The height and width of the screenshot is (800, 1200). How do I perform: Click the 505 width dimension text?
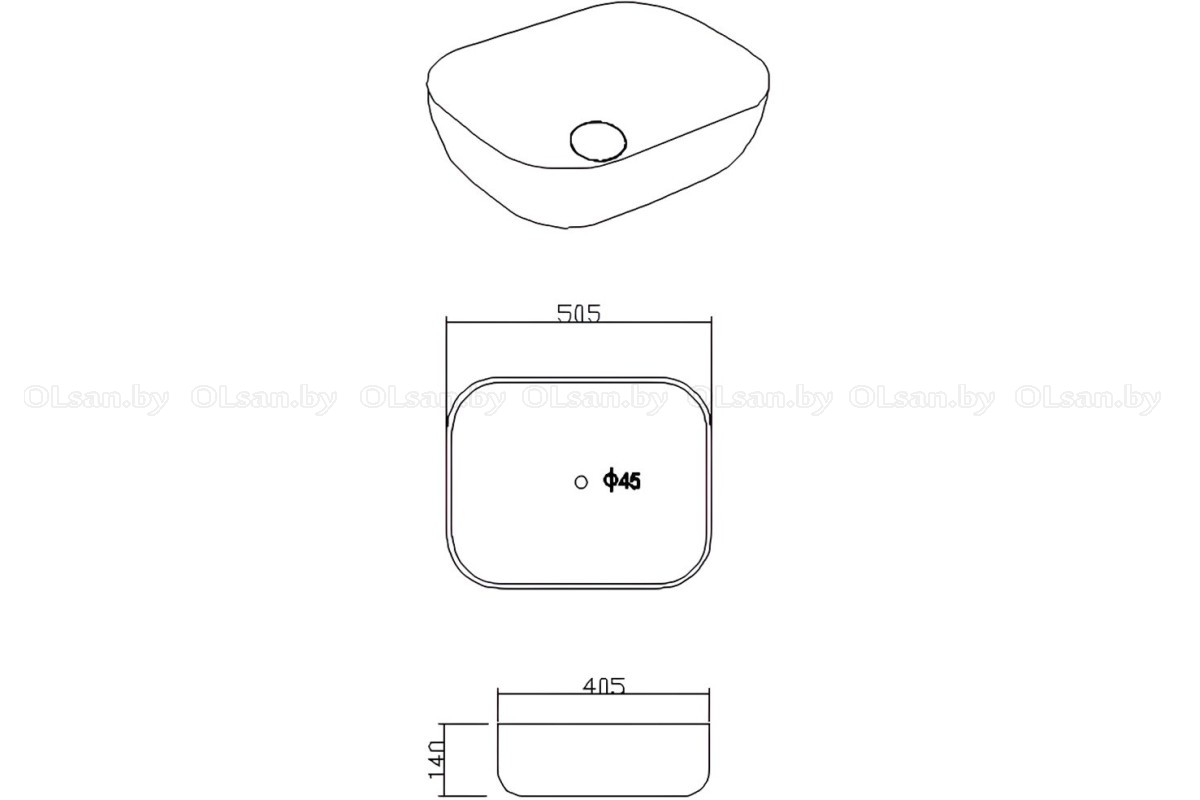click(x=579, y=313)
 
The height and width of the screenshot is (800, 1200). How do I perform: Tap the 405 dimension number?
click(x=604, y=685)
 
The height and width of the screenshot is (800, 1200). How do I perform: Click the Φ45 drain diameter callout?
click(x=622, y=481)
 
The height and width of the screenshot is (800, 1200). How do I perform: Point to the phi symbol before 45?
click(x=610, y=481)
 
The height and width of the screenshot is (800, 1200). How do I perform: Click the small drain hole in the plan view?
click(x=581, y=482)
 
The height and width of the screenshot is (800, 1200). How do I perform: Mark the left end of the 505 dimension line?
click(x=447, y=323)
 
